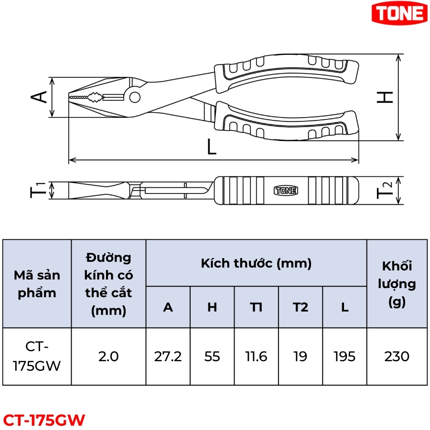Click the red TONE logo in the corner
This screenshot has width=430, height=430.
(x=399, y=12)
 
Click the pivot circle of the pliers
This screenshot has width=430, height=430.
(x=135, y=97)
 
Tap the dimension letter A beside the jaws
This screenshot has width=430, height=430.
(x=39, y=97)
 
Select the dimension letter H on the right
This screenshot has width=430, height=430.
(x=385, y=97)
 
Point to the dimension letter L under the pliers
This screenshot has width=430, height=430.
(x=212, y=147)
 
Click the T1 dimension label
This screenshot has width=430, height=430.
(x=38, y=190)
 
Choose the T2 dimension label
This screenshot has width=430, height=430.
(x=384, y=190)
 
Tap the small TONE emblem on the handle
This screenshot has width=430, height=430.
(x=286, y=190)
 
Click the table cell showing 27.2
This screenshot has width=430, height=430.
(x=168, y=356)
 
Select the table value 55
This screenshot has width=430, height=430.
(x=212, y=356)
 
